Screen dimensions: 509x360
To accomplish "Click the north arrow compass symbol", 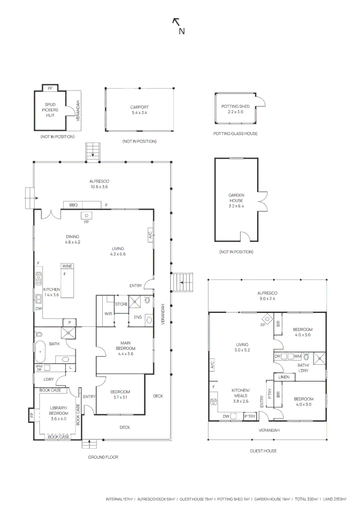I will [178, 26].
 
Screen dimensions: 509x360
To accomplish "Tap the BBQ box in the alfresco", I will [73, 205].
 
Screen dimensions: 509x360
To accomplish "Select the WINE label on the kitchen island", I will [67, 266].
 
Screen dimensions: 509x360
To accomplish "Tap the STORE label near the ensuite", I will [121, 304].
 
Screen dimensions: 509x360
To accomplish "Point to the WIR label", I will [108, 314].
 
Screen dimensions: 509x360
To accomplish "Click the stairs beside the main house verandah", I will [183, 282].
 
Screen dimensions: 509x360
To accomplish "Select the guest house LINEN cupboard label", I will [284, 377].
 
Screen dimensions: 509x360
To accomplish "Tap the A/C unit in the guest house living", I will [212, 364].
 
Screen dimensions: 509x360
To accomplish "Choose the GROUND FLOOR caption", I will [103, 457].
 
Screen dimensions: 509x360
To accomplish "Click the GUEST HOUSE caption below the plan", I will [263, 451].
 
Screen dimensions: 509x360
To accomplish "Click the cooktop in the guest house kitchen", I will [214, 402].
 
